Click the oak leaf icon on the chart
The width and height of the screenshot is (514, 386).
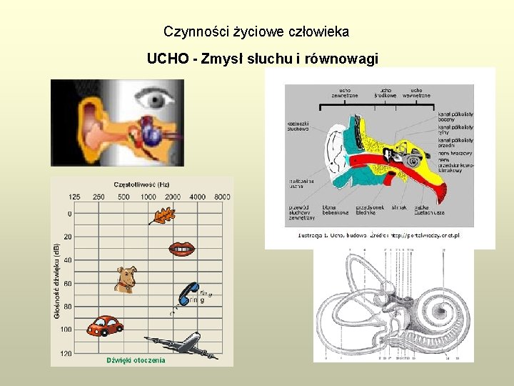pyautogui.click(x=163, y=215)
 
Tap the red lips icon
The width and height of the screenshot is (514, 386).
pyautogui.click(x=181, y=249)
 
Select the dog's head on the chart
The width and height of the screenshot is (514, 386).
pyautogui.click(x=126, y=279)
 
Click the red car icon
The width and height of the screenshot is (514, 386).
pyautogui.click(x=104, y=326)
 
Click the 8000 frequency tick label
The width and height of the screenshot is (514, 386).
pyautogui.click(x=222, y=197)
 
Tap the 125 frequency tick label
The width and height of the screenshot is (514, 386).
pyautogui.click(x=74, y=197)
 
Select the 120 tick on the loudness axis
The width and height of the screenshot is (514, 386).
pyautogui.click(x=66, y=353)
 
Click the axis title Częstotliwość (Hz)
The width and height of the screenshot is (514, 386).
pyautogui.click(x=141, y=185)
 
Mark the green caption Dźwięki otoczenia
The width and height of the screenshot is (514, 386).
pyautogui.click(x=136, y=360)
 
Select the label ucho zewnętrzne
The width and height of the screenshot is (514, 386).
pyautogui.click(x=344, y=94)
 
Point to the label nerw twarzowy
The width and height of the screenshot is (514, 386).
pyautogui.click(x=455, y=154)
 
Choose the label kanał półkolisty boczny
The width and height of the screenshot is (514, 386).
pyautogui.click(x=455, y=117)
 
